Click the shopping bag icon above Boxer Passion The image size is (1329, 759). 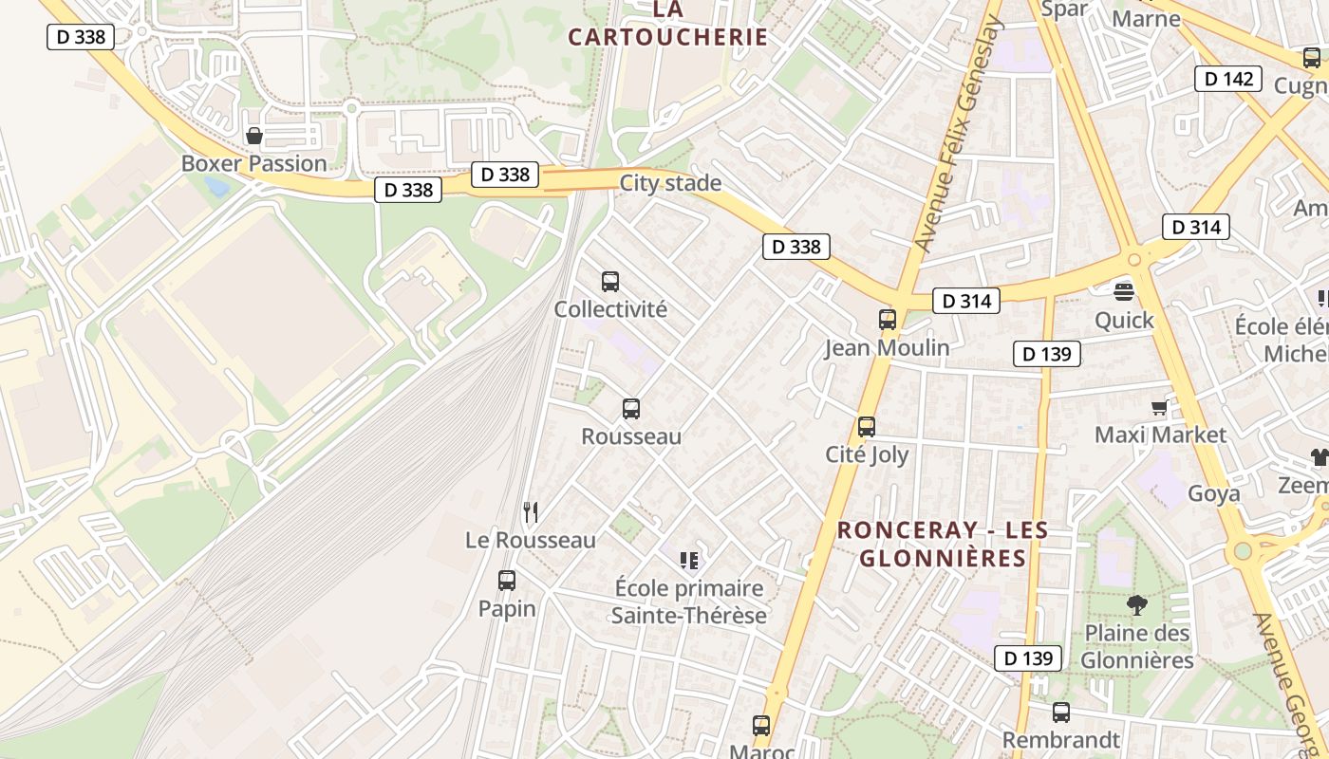[253, 136]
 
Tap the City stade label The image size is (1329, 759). [670, 183]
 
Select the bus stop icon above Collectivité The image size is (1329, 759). [610, 282]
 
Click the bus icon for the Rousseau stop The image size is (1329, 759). [631, 409]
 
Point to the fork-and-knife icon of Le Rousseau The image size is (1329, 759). [531, 512]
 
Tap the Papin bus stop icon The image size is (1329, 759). [507, 581]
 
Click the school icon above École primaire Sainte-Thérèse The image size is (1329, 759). [688, 561]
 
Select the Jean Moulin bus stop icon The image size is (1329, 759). [888, 320]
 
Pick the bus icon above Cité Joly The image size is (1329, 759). [867, 427]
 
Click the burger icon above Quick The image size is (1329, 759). [1124, 291]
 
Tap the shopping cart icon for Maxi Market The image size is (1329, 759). [1159, 408]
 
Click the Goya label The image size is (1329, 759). [1214, 494]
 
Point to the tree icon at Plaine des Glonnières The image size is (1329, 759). [1136, 605]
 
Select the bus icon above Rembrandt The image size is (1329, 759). [1061, 713]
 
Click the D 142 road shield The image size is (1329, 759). [1229, 79]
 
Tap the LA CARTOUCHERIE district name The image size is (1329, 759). [667, 24]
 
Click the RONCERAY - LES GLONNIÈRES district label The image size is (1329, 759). [943, 544]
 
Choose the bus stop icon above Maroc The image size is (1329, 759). [761, 726]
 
